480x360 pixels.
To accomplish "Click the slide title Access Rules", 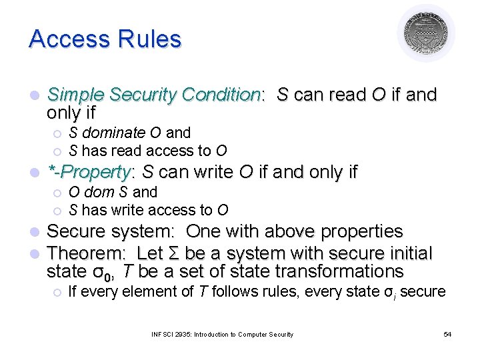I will [x=105, y=39].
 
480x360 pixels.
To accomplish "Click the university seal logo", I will [x=425, y=33].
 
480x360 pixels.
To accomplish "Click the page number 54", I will [x=447, y=334].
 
